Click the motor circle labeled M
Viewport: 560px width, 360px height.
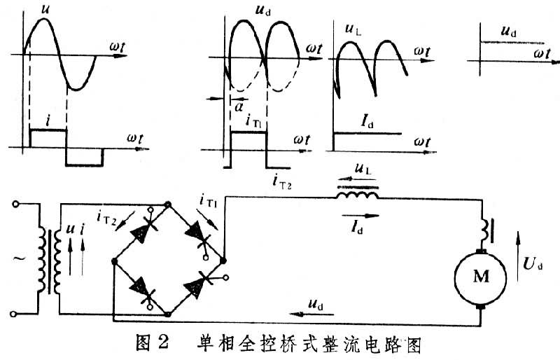point(481,277)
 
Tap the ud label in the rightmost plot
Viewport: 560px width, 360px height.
point(510,32)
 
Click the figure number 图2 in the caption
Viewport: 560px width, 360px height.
point(150,345)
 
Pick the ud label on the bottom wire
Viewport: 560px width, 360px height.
point(316,304)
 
